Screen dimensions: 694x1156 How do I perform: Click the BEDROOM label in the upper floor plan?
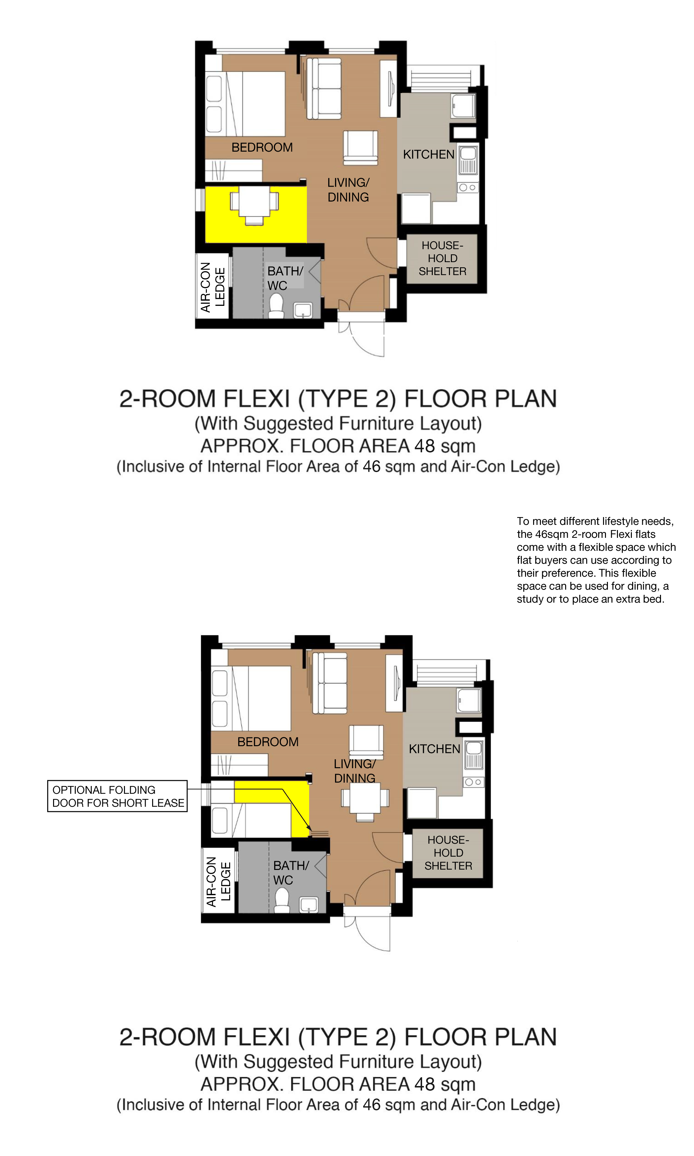click(262, 147)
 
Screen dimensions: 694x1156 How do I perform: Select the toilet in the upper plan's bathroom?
click(276, 306)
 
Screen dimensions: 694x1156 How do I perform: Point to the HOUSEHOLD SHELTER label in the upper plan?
click(442, 258)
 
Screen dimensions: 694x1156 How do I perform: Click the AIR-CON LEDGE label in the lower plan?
click(218, 882)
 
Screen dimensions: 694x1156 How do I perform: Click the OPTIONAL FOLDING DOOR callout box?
click(118, 796)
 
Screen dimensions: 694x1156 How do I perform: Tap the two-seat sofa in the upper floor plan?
click(324, 88)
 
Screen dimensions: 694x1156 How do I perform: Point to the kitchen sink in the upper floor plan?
click(468, 160)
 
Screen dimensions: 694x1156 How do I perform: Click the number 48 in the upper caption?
click(425, 445)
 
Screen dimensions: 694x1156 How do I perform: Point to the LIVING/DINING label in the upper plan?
click(348, 190)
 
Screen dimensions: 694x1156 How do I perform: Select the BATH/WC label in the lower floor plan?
click(291, 873)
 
